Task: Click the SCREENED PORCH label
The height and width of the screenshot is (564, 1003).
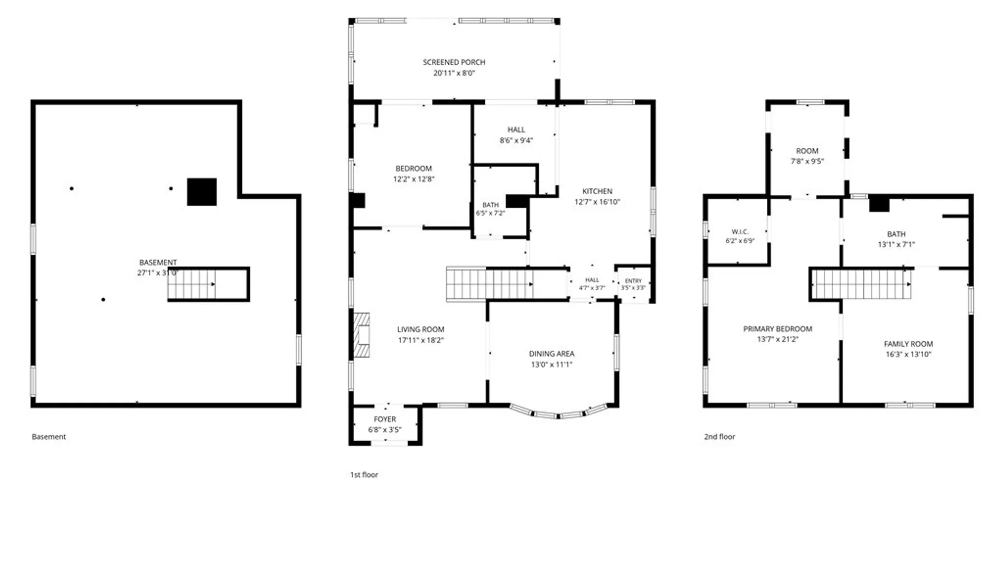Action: pos(454,62)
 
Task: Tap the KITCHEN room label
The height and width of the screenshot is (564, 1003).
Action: pos(597,192)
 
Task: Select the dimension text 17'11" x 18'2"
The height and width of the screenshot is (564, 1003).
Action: pos(421,340)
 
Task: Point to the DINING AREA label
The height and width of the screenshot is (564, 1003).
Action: pos(552,354)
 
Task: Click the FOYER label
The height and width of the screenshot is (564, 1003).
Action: pos(385,419)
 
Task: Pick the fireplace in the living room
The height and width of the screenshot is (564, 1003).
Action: pos(361,335)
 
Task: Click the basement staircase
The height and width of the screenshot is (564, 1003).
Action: pos(207,284)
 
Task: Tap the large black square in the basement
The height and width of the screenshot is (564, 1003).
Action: pos(202,192)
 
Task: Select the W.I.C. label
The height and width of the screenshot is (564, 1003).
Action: pos(740,232)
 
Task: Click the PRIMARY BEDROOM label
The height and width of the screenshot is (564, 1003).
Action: pos(778,329)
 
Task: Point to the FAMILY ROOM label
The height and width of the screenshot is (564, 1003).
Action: pos(908,344)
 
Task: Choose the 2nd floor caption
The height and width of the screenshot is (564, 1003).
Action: pos(719,437)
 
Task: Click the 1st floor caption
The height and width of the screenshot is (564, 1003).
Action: pos(364,475)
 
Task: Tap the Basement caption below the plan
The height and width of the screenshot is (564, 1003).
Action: pos(49,437)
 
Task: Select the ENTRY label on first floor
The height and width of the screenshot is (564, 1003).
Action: pos(633,281)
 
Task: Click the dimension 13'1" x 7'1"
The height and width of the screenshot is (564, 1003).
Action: pos(896,244)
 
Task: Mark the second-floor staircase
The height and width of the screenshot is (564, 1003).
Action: pos(861,285)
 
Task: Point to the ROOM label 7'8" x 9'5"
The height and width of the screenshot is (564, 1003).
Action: pos(807,151)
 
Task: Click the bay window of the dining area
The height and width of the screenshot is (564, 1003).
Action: pos(558,412)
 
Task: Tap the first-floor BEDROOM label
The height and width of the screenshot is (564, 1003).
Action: pos(414,169)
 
